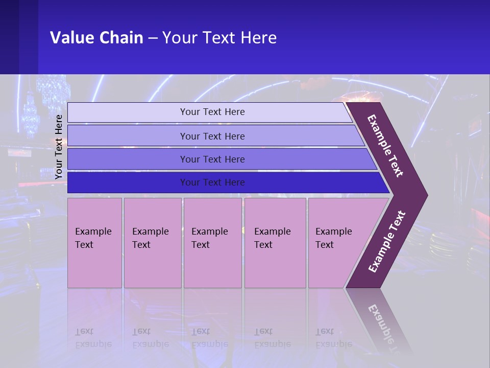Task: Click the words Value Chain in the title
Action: point(96,38)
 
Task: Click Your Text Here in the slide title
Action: point(219,38)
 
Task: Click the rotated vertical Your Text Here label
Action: point(59,146)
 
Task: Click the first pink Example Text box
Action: point(94,243)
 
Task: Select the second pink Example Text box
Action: point(152,243)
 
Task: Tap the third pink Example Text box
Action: point(212,243)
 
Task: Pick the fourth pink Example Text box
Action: point(275,243)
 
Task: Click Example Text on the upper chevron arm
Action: point(385,146)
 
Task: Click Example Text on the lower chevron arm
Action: point(386,242)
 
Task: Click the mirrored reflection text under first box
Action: point(93,338)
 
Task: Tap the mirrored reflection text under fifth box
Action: point(333,338)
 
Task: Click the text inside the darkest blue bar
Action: point(212,182)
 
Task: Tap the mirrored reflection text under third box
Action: point(209,338)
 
